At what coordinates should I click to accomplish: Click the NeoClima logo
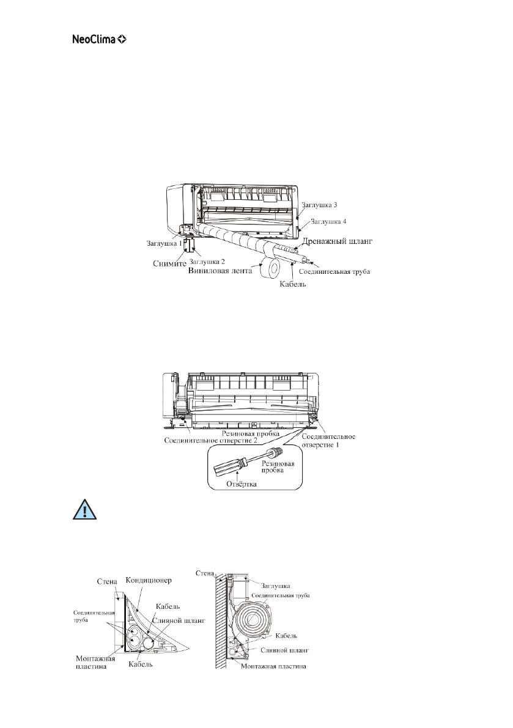pos(97,40)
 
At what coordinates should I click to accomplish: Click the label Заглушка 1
pos(163,243)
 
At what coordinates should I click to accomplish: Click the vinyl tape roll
pos(270,267)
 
